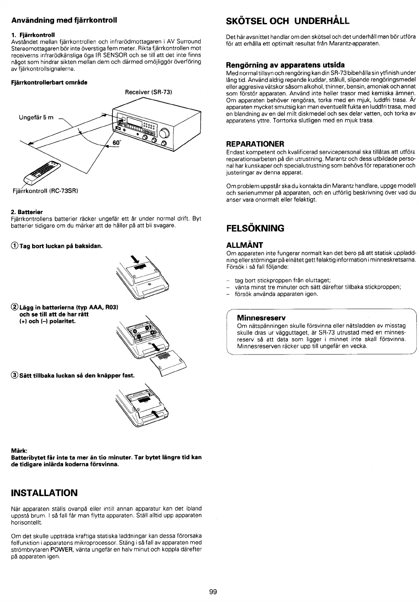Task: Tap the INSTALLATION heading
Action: point(45,493)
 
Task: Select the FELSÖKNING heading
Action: point(255,228)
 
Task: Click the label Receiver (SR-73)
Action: point(148,92)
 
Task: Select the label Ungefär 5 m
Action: point(36,118)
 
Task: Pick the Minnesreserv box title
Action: point(261,318)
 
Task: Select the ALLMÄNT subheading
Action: point(244,246)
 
